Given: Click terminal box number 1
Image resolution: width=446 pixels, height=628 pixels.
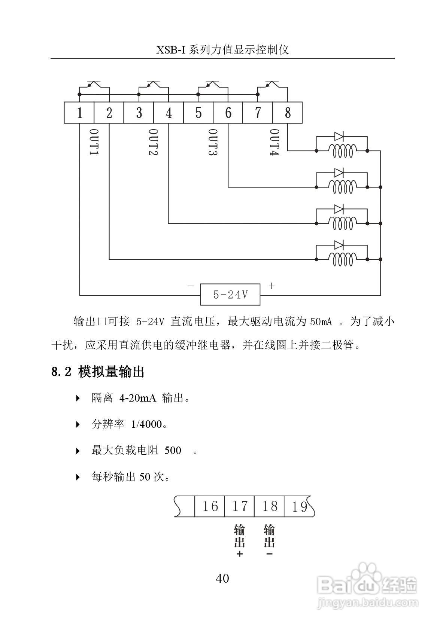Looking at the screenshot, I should tap(79, 113).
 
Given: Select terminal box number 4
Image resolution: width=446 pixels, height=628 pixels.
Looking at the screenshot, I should tap(169, 113).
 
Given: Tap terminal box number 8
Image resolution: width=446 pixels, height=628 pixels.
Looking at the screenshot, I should tap(287, 113).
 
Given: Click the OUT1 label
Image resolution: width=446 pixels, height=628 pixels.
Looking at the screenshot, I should tap(94, 143).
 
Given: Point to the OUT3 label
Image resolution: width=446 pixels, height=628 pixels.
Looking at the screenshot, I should tap(213, 143).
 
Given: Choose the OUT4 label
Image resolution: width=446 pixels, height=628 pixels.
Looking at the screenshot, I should tap(275, 143).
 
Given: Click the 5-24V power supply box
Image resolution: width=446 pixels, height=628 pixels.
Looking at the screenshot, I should tap(230, 295).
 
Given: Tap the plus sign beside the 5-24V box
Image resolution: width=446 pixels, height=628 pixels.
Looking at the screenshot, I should tap(271, 286).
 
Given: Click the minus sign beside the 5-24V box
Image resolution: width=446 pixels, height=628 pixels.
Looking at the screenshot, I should tap(191, 286).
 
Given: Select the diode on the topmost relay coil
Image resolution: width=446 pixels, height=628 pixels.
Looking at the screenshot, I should tap(339, 136).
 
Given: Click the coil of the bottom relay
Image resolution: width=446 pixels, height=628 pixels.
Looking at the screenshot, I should tap(341, 259).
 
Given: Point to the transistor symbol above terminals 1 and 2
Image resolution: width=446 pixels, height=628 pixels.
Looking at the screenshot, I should tap(94, 84).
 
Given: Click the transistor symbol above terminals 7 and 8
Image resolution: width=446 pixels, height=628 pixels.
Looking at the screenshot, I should tap(272, 84).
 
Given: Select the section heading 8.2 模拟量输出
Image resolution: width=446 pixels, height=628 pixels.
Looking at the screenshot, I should tap(98, 372).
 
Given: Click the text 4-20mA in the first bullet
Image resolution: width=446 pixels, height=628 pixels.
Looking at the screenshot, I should tap(137, 398).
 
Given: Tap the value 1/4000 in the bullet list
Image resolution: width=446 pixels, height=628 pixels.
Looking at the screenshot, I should tap(146, 424).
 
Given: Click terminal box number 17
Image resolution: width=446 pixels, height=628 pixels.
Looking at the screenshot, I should tap(239, 507).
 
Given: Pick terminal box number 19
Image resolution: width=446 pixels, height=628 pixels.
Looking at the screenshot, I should tap(299, 507).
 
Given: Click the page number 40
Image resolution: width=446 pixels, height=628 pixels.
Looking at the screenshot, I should tap(222, 579).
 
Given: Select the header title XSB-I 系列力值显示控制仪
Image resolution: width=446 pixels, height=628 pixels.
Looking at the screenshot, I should tap(222, 50).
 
